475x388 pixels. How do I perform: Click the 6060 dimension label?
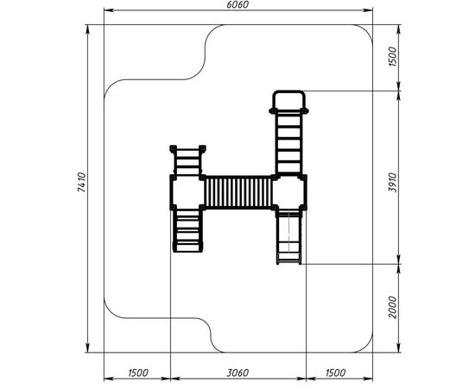237,5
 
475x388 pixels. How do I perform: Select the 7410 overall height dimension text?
82,182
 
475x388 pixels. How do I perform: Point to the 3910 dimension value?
393,182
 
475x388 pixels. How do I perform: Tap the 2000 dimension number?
393,307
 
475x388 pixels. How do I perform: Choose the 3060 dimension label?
237,372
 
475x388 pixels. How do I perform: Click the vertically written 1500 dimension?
393,57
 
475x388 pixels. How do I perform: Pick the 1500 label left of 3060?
138,372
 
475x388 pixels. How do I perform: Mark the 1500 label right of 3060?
336,372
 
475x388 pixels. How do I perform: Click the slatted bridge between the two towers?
238,192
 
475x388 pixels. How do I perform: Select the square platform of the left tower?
187,192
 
